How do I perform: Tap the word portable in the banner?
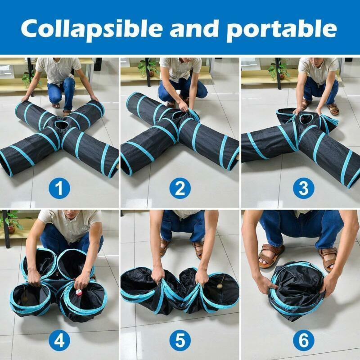click(x=281, y=29)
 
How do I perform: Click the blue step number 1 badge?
click(x=59, y=189)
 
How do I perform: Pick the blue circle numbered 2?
click(x=180, y=189)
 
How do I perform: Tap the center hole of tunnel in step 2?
click(x=179, y=115)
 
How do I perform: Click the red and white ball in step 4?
click(x=78, y=293)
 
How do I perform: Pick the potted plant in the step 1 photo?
click(x=28, y=78)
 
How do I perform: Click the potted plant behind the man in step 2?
click(x=147, y=67)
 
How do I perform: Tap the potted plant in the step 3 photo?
click(x=278, y=70)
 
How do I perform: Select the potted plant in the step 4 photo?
click(x=11, y=222)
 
